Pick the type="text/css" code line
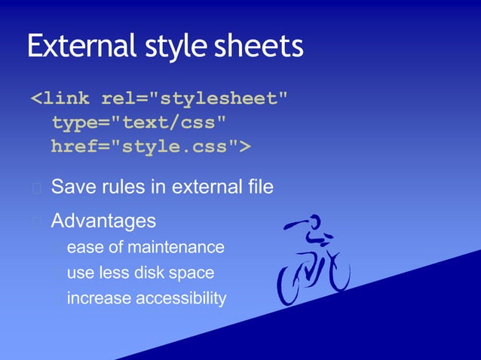point(138,122)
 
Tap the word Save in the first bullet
point(72,187)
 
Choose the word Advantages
point(103,221)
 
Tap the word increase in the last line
point(99,298)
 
